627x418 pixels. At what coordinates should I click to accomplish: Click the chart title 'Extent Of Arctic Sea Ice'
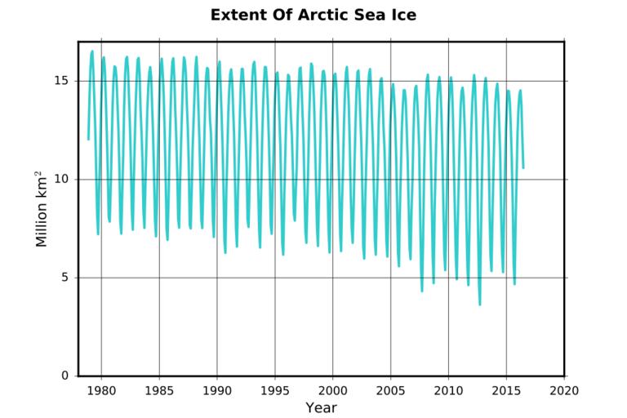click(313, 15)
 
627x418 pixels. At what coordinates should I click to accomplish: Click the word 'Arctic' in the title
click(317, 15)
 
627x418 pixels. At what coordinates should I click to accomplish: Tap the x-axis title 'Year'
click(321, 407)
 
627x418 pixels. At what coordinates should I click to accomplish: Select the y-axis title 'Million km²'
click(42, 209)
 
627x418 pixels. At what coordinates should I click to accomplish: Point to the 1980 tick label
click(101, 390)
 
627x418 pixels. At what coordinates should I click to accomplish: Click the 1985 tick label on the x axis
click(159, 390)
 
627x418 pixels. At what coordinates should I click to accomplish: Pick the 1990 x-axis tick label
click(217, 390)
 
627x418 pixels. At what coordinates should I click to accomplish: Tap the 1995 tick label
click(275, 390)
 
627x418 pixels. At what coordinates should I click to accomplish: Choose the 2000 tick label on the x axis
click(332, 390)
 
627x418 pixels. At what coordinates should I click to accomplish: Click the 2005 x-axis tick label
click(390, 390)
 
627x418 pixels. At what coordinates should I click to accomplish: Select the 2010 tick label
click(448, 390)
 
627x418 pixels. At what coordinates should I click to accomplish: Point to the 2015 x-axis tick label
click(506, 390)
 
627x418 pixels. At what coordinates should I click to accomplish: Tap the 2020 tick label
click(564, 390)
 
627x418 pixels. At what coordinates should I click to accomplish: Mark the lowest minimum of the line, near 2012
click(480, 305)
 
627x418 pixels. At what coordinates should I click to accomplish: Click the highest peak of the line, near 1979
click(92, 51)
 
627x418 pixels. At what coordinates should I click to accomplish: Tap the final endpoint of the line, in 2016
click(523, 168)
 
